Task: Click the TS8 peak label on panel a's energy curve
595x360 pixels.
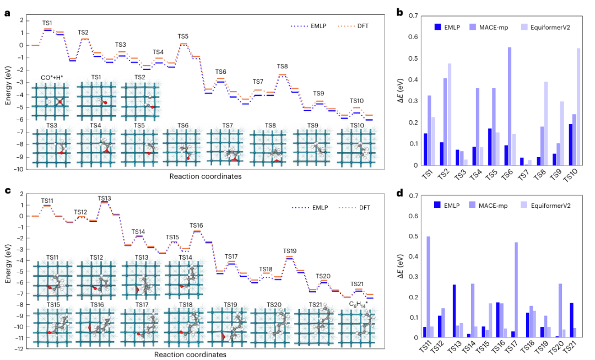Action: tap(283, 66)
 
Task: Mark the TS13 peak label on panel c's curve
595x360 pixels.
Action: tap(104, 198)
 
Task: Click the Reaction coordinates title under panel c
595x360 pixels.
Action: tap(190, 354)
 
